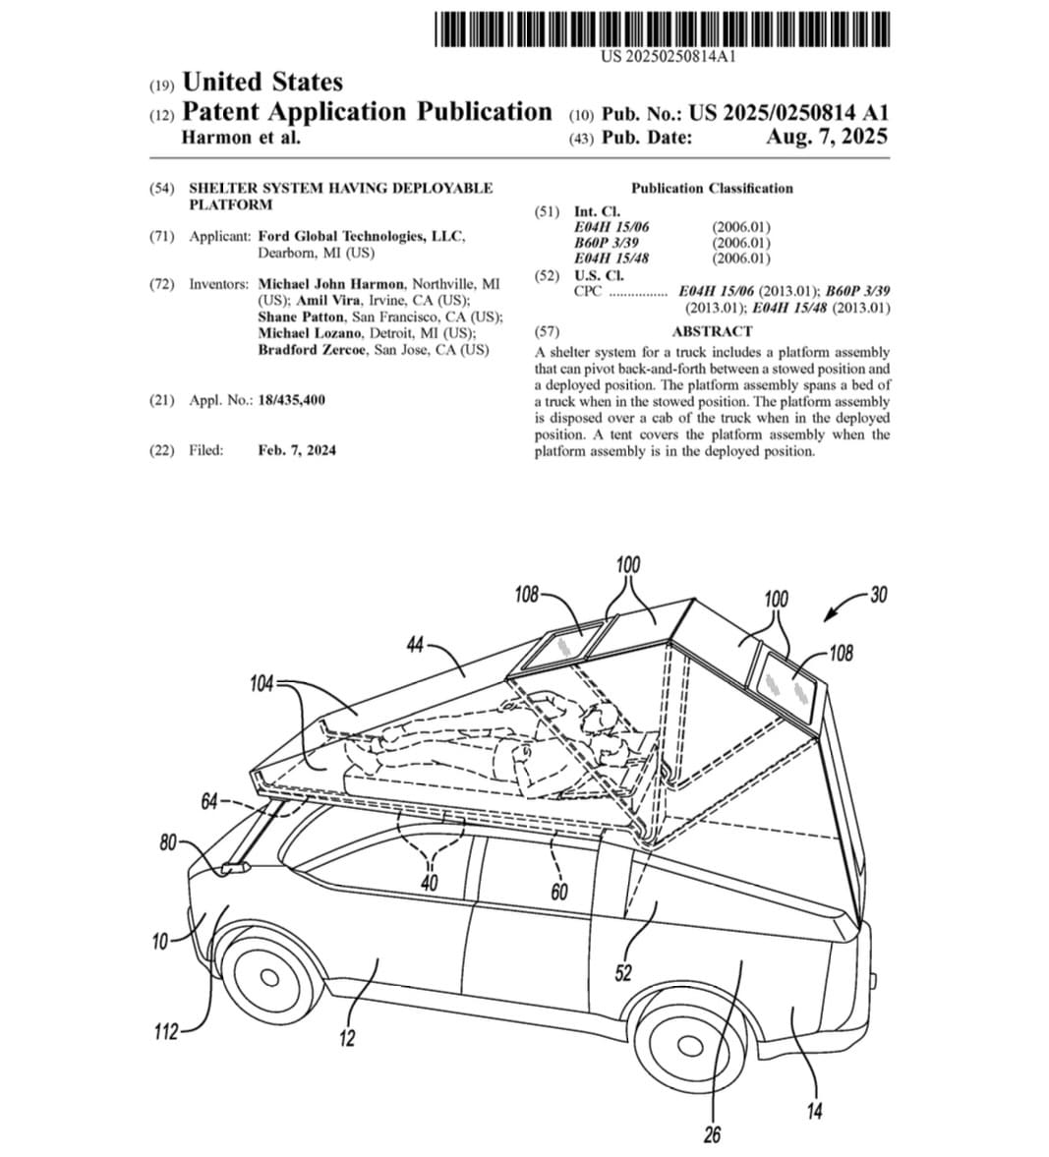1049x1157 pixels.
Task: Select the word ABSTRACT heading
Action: (712, 331)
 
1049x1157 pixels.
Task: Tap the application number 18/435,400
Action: (291, 400)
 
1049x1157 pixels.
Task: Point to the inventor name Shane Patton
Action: (301, 317)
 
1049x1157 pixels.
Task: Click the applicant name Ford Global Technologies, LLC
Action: (361, 236)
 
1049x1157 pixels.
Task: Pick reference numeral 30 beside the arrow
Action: (878, 595)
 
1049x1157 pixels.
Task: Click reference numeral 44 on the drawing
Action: (414, 645)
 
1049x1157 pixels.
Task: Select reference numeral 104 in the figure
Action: (262, 684)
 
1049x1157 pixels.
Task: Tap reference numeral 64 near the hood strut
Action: (208, 801)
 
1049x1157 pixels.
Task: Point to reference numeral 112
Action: (166, 1031)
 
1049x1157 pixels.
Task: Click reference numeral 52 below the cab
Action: (623, 973)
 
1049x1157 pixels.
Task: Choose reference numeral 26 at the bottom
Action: (712, 1135)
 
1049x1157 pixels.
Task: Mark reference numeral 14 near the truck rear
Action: (814, 1112)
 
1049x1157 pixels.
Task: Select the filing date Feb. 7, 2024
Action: (297, 450)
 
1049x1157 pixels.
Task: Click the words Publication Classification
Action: (712, 188)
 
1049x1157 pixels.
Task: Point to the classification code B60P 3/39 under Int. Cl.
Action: (610, 243)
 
